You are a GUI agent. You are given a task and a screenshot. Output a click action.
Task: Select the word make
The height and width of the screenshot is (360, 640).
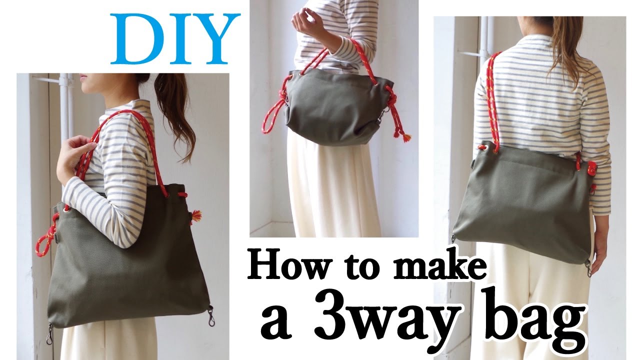tap(439, 265)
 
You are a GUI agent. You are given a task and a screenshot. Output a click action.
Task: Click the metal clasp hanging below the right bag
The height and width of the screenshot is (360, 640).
tap(589, 267)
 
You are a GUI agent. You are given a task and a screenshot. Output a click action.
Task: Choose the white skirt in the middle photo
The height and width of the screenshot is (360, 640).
tap(332, 190)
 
